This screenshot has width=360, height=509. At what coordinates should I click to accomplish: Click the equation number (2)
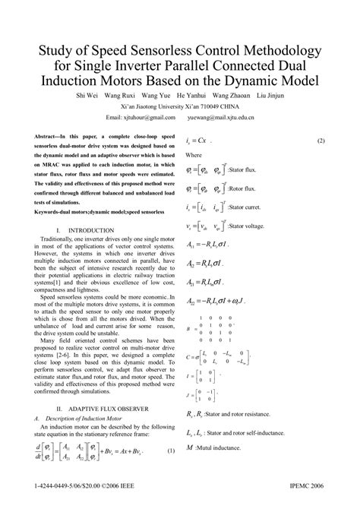pos(321,141)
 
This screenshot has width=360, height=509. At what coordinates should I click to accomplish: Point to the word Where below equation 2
pos(194,154)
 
